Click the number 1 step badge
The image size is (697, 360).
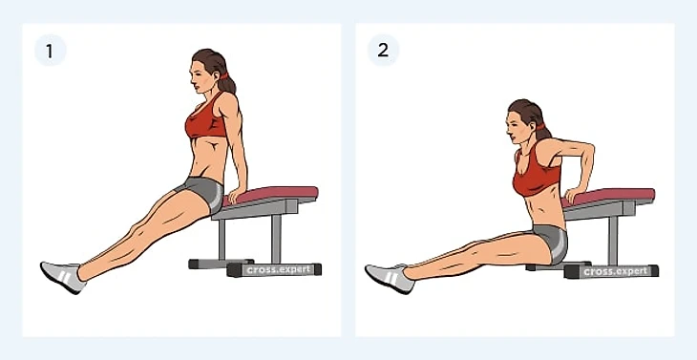51,51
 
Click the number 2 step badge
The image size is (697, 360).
383,51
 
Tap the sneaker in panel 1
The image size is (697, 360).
63,277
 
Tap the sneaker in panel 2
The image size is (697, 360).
390,279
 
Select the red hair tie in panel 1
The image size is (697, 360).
223,75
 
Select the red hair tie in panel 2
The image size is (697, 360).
540,127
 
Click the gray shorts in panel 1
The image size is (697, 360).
203,192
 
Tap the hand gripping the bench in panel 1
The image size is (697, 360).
236,195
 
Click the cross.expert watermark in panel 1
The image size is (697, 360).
279,270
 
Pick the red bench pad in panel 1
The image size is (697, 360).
272,195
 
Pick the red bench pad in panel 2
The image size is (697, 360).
610,197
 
